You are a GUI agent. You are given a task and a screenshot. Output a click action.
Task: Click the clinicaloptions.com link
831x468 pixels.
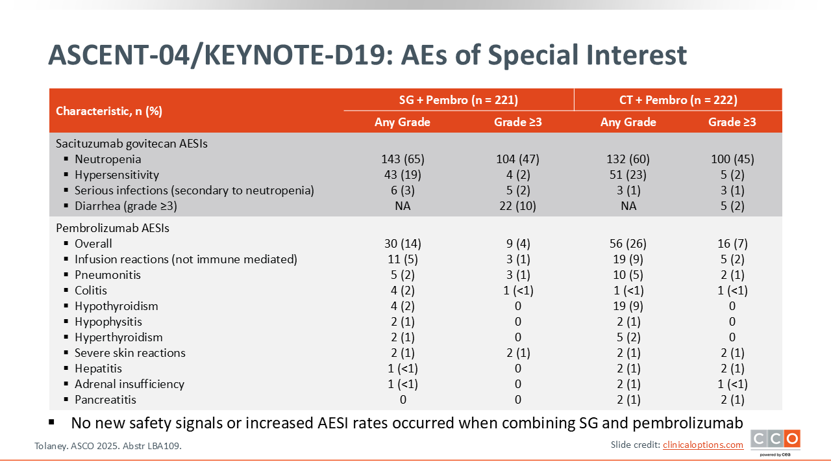pos(703,445)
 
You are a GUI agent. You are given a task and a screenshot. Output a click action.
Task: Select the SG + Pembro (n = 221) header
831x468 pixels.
pos(458,100)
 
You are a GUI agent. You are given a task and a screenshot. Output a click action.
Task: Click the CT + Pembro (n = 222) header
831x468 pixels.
pos(678,100)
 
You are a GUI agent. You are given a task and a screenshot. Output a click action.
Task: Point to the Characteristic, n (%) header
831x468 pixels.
pos(109,111)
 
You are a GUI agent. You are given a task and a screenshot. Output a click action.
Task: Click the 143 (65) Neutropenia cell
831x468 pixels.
pos(403,159)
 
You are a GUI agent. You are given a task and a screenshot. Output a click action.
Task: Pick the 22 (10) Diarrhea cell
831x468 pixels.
pos(518,206)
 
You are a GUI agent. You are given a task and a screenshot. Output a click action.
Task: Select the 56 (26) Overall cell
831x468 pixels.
pos(628,244)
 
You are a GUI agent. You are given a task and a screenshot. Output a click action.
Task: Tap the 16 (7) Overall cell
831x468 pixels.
pos(732,244)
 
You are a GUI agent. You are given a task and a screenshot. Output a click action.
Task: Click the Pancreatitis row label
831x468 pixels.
pos(105,400)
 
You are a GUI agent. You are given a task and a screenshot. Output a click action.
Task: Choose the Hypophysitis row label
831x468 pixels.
pos(108,322)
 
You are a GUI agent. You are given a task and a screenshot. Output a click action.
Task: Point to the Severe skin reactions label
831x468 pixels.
pos(130,353)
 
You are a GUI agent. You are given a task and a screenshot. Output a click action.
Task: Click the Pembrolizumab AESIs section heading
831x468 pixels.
pos(112,228)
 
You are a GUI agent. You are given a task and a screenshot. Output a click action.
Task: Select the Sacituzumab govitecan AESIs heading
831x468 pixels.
pos(132,144)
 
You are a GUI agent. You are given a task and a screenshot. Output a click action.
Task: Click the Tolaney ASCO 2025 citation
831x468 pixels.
pos(108,446)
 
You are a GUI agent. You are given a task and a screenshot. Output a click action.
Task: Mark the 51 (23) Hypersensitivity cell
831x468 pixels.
pos(628,175)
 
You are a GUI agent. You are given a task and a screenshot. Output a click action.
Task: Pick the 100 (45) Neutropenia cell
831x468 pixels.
pos(732,159)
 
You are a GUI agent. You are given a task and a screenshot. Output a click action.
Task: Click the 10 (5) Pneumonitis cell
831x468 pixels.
pos(628,275)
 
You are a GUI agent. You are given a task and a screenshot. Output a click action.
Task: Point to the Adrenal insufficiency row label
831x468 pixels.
pos(129,384)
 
